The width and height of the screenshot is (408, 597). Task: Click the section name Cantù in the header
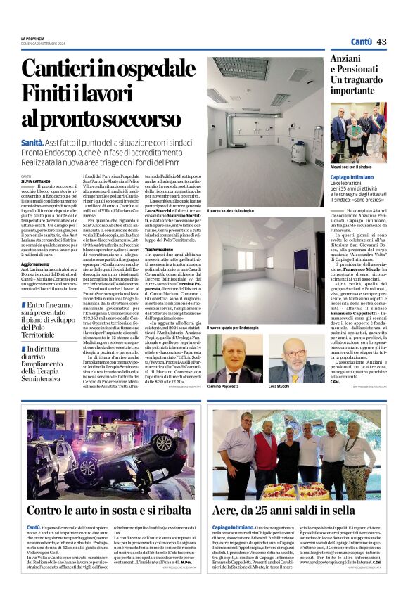click(362, 41)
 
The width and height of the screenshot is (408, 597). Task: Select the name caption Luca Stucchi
click(281, 387)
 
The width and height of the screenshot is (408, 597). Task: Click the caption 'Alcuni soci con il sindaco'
click(352, 167)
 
